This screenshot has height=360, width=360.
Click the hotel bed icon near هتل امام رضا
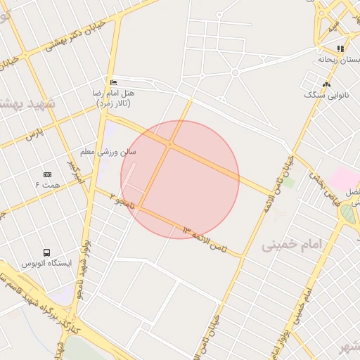[x=114, y=82]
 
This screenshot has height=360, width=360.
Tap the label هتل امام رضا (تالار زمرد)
[x=114, y=98]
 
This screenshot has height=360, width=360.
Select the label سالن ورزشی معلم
[x=108, y=151]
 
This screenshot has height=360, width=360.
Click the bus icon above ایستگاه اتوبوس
[x=46, y=252]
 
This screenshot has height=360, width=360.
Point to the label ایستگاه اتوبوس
[x=46, y=264]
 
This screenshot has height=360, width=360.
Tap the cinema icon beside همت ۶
[x=47, y=174]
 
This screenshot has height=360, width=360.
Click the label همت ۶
[x=48, y=184]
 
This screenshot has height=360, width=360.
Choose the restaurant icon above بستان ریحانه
[x=340, y=49]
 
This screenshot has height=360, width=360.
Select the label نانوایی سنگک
[x=324, y=94]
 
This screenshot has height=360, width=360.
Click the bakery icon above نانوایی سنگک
[x=326, y=83]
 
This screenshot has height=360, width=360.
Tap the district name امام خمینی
[x=292, y=245]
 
